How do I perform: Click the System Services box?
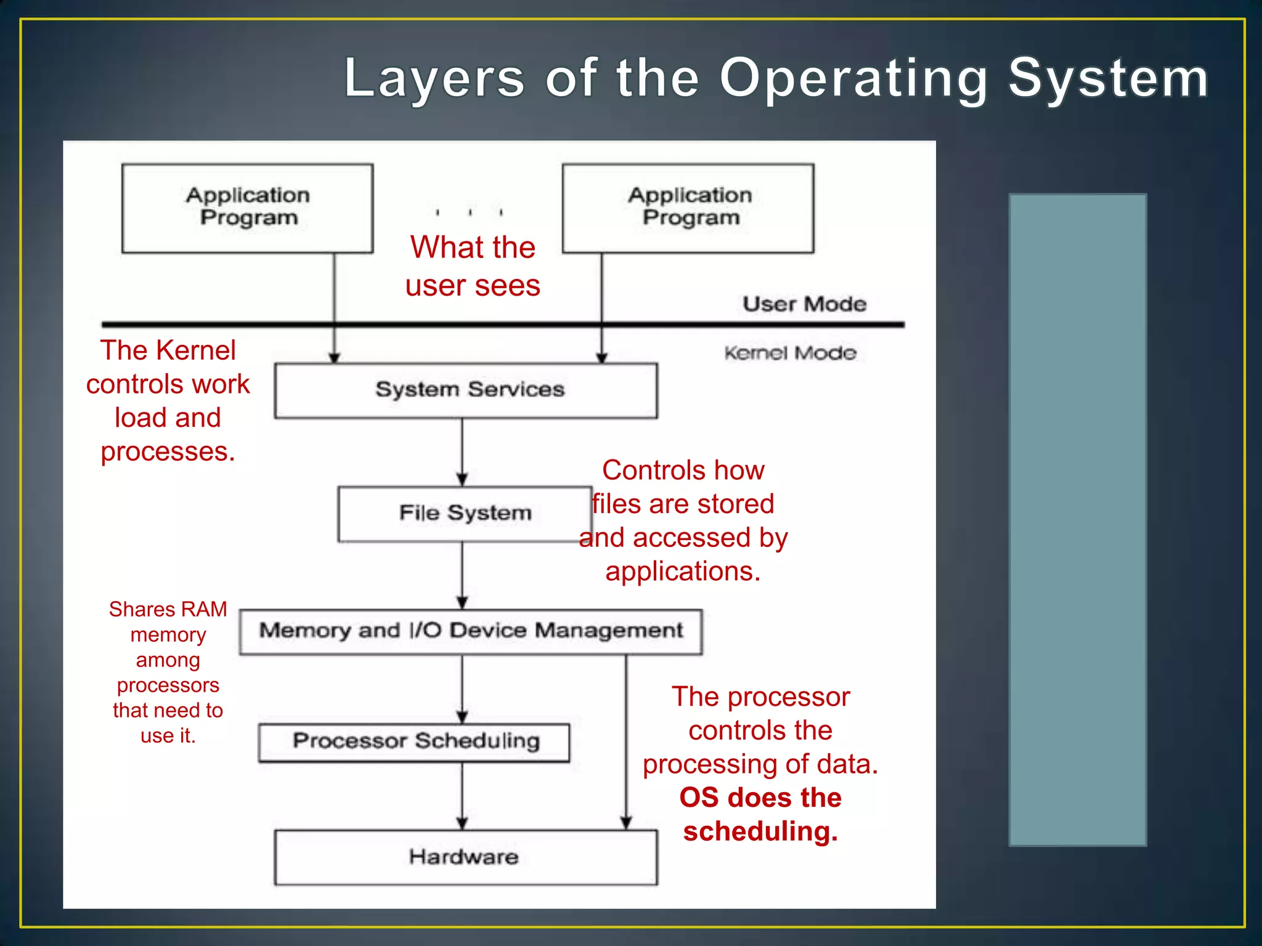tap(466, 390)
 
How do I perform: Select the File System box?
tap(465, 514)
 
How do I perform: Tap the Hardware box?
tap(465, 857)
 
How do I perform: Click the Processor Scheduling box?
tap(414, 742)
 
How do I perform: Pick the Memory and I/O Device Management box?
tap(471, 631)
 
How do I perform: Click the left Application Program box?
tap(247, 208)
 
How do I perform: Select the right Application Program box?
tap(688, 208)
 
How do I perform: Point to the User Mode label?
tap(804, 304)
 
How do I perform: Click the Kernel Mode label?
tap(790, 354)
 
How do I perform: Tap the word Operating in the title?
tap(853, 79)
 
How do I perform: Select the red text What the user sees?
tap(473, 266)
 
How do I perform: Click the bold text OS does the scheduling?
tap(760, 814)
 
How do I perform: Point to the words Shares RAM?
tap(168, 609)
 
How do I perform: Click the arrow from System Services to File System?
tap(462, 453)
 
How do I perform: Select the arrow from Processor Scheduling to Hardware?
tap(462, 796)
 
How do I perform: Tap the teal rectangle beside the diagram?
tap(1077, 519)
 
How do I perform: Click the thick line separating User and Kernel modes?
tap(502, 324)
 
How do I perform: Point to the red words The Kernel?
tap(168, 350)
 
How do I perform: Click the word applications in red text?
tap(682, 572)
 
